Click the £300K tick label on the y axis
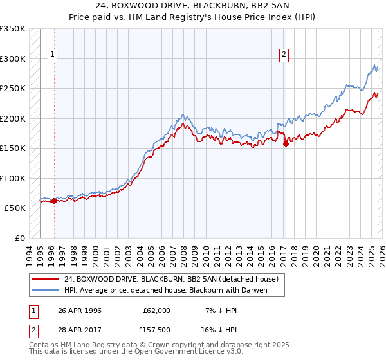pyautogui.click(x=13, y=59)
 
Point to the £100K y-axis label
pyautogui.click(x=13, y=178)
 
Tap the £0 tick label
pyautogui.click(x=19, y=238)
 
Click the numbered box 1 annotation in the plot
pyautogui.click(x=53, y=55)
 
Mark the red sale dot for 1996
pyautogui.click(x=54, y=201)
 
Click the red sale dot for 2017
pyautogui.click(x=286, y=144)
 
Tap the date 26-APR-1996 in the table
pyautogui.click(x=80, y=310)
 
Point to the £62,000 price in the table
pyautogui.click(x=157, y=310)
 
